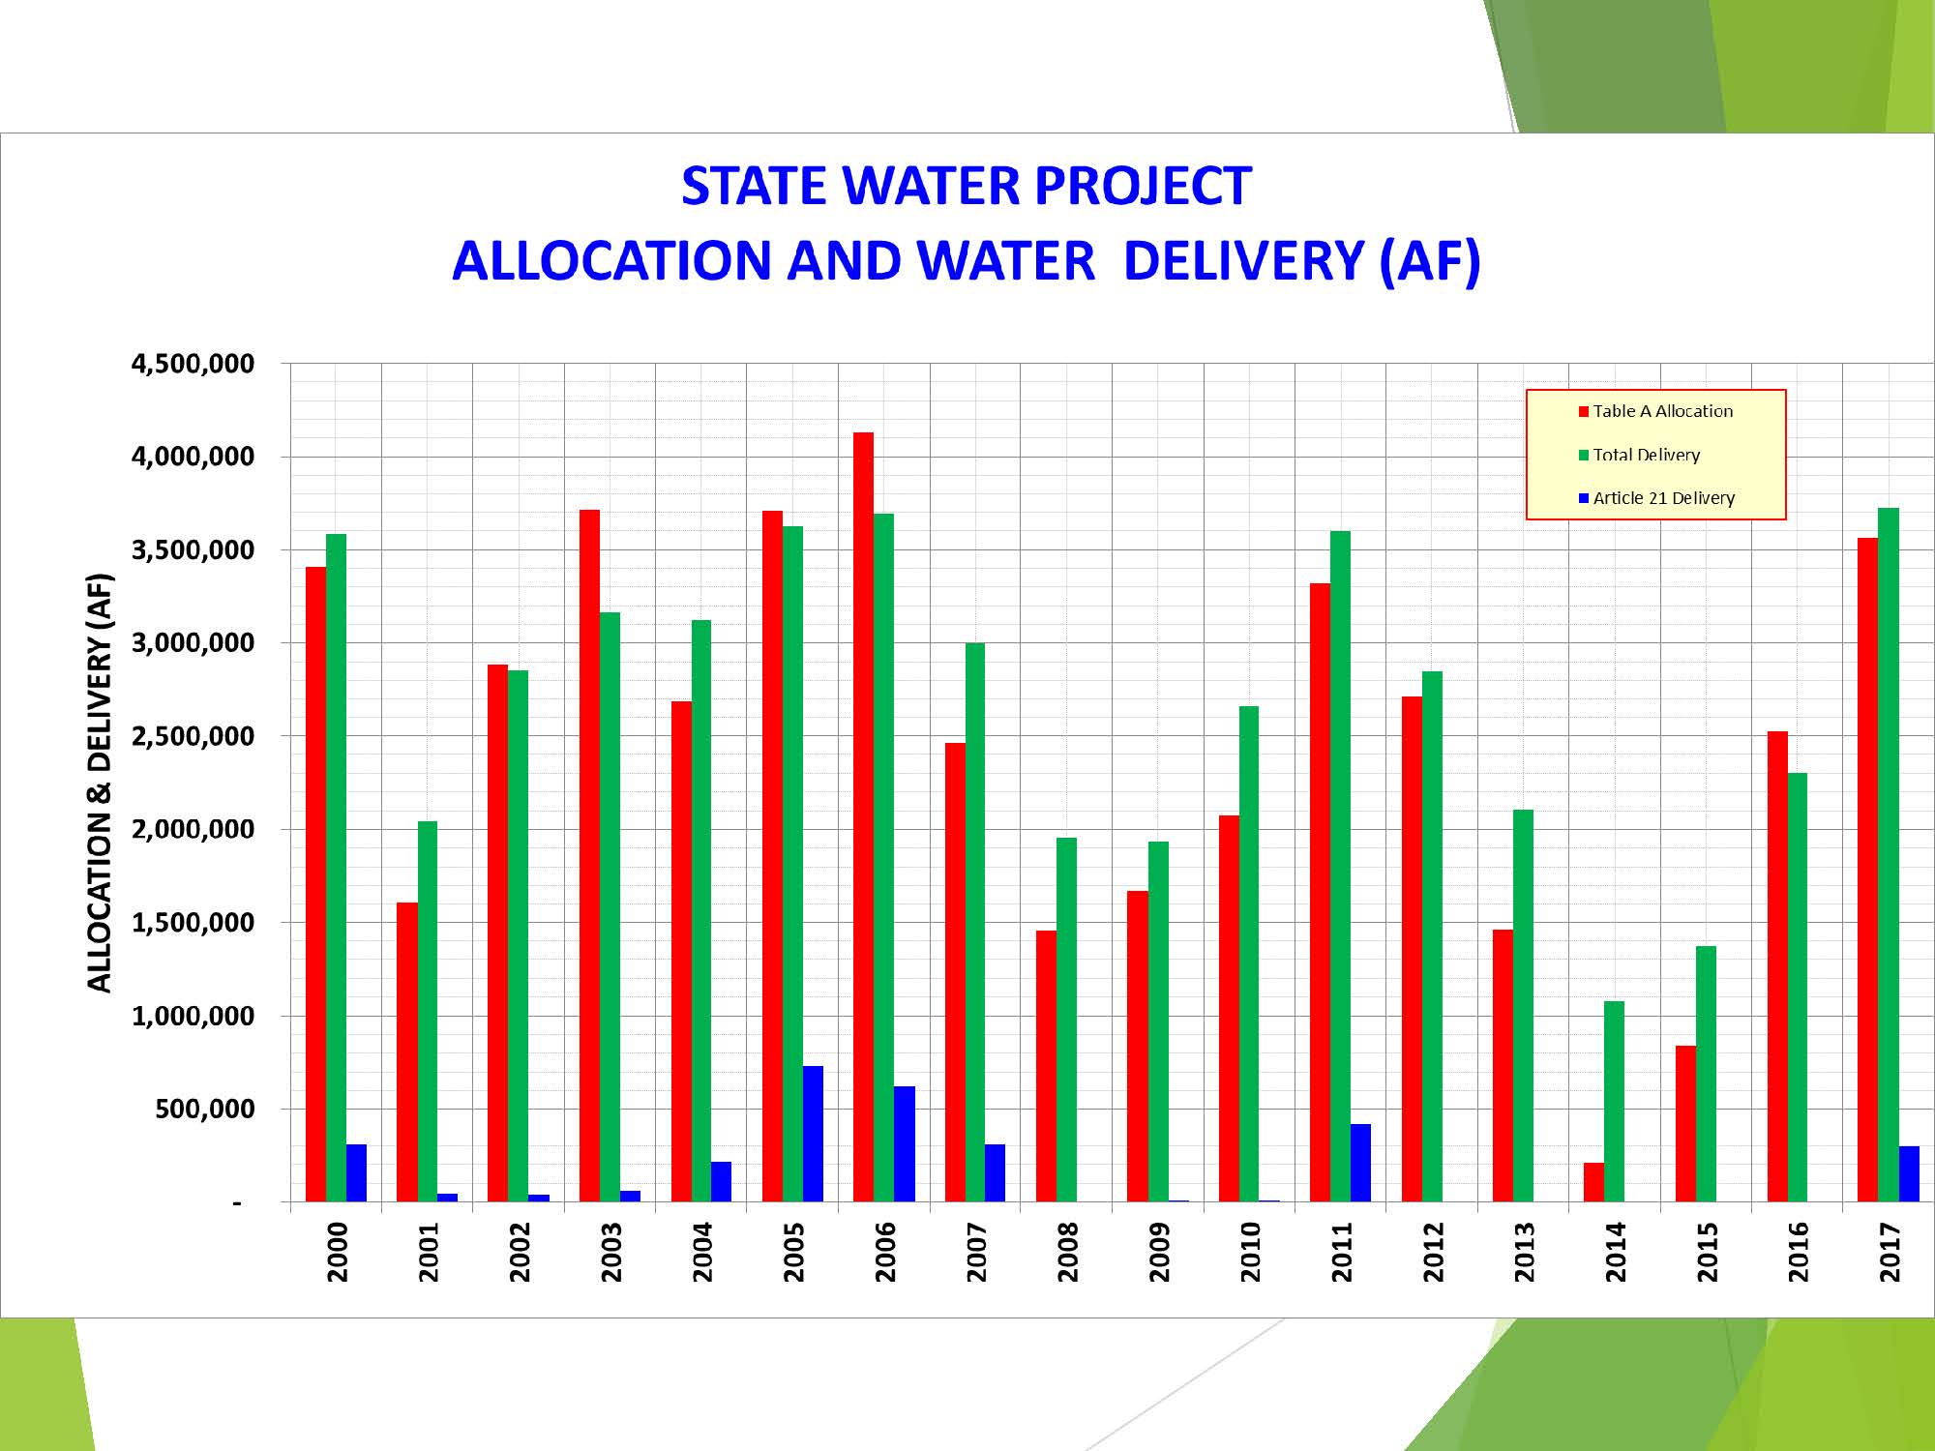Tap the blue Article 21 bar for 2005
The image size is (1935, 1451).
click(813, 1134)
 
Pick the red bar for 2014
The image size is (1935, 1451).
click(1593, 1182)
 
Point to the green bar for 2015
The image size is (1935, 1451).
click(1706, 1074)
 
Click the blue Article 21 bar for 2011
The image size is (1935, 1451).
click(1360, 1163)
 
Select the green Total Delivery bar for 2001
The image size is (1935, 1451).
click(428, 1011)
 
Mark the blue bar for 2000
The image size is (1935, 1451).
click(356, 1172)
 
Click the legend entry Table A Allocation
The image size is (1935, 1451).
click(1662, 411)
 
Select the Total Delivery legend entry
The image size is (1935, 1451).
click(1646, 455)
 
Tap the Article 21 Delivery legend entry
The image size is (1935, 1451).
click(1663, 498)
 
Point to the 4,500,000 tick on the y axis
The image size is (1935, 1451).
click(193, 365)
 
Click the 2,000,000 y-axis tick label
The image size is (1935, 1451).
click(193, 830)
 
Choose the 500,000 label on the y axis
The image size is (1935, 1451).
click(204, 1110)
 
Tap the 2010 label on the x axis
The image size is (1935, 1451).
click(1250, 1252)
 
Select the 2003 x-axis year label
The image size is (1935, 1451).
click(610, 1252)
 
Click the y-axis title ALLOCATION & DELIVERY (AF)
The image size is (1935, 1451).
click(100, 784)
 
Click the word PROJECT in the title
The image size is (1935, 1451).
click(1144, 186)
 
